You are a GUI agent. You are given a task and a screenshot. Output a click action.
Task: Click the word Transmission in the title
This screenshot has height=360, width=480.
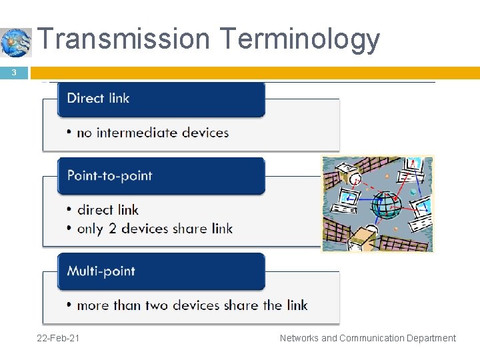123,39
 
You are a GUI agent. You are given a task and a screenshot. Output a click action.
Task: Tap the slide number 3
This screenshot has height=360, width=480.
14,73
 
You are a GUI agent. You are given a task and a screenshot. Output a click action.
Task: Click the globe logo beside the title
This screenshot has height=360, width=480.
16,43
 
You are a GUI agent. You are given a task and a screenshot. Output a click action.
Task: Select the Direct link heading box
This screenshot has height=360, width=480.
161,99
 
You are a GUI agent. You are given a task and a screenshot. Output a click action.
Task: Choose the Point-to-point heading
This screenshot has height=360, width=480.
161,176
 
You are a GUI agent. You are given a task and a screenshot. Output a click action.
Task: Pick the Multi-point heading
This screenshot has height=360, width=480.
161,271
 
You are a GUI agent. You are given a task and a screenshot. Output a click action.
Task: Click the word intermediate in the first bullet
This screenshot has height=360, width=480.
138,133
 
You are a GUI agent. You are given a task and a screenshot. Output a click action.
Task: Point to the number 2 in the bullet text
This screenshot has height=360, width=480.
113,229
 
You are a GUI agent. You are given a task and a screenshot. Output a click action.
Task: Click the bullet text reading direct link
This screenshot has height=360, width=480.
108,210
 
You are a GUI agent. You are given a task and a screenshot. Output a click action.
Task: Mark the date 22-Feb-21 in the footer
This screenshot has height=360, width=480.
59,338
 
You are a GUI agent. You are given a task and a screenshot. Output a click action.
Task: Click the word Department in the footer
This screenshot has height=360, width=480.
430,338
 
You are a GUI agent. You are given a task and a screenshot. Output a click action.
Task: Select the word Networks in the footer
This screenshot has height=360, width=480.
299,338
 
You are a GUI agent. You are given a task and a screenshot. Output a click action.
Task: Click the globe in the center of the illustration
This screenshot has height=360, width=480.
385,205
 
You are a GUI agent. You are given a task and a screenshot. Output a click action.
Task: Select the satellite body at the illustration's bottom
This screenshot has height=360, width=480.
363,235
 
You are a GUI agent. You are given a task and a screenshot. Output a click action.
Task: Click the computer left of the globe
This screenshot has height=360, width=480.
349,197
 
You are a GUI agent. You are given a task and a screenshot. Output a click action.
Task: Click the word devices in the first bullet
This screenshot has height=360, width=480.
204,133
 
